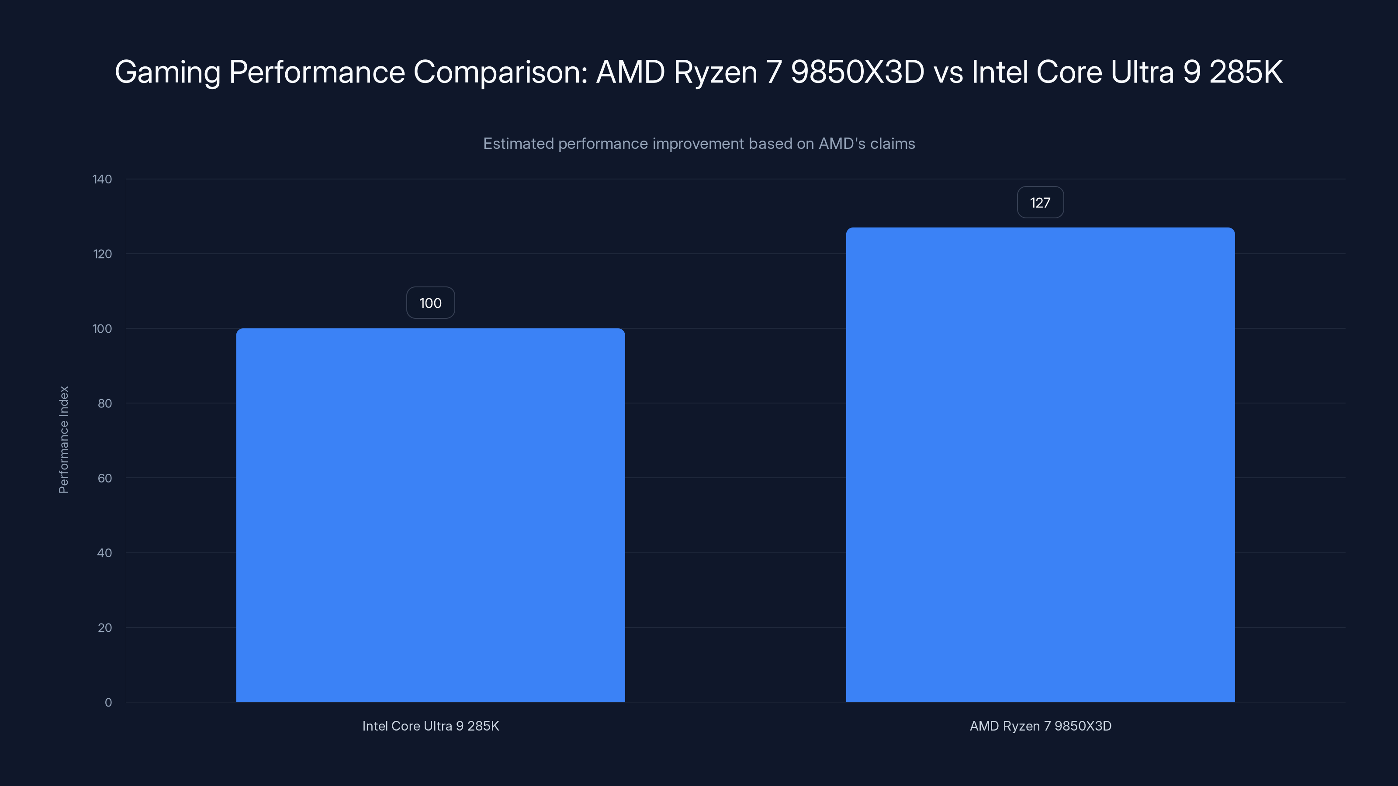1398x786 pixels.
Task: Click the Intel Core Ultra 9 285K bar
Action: [430, 515]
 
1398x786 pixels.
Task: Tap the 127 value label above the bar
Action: [1040, 202]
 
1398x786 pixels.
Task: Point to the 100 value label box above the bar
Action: [430, 303]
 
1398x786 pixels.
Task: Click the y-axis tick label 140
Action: [102, 179]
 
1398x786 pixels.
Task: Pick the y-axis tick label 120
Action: [102, 254]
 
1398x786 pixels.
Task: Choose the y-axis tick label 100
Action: [102, 329]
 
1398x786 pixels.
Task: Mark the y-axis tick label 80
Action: [105, 403]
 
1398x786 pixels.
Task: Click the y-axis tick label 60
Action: [105, 478]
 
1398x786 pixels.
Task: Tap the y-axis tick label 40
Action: [105, 553]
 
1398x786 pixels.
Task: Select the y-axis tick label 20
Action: [105, 627]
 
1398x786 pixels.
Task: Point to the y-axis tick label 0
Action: [108, 703]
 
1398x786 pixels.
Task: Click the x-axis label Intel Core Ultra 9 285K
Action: [430, 726]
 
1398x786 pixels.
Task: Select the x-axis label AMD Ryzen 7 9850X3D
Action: [1040, 726]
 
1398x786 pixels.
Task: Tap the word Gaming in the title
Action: [167, 72]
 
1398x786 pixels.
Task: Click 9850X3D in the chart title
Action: [858, 72]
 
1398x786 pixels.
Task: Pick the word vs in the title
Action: [948, 72]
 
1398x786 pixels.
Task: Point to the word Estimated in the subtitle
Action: [518, 144]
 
